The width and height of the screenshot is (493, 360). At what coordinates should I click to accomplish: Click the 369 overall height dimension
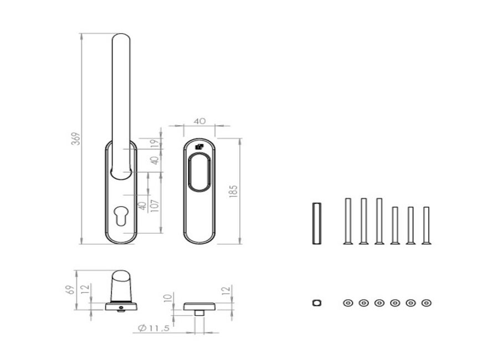coord(76,138)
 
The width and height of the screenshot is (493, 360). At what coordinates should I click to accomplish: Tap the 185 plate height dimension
coord(234,191)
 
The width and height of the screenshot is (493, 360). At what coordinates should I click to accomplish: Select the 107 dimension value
coord(155,205)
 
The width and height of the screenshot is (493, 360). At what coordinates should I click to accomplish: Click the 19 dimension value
coord(155,143)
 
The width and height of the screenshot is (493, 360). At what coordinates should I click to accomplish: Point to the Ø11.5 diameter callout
coord(154,328)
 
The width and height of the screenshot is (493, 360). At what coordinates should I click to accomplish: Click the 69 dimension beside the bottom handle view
coord(71,290)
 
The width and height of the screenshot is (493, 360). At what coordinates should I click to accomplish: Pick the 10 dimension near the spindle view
coord(168,297)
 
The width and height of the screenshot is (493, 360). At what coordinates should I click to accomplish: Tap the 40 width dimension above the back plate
coord(199,121)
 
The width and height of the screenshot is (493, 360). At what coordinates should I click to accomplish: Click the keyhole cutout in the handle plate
coord(121,215)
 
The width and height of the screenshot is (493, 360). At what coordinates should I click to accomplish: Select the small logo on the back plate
coord(199,147)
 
